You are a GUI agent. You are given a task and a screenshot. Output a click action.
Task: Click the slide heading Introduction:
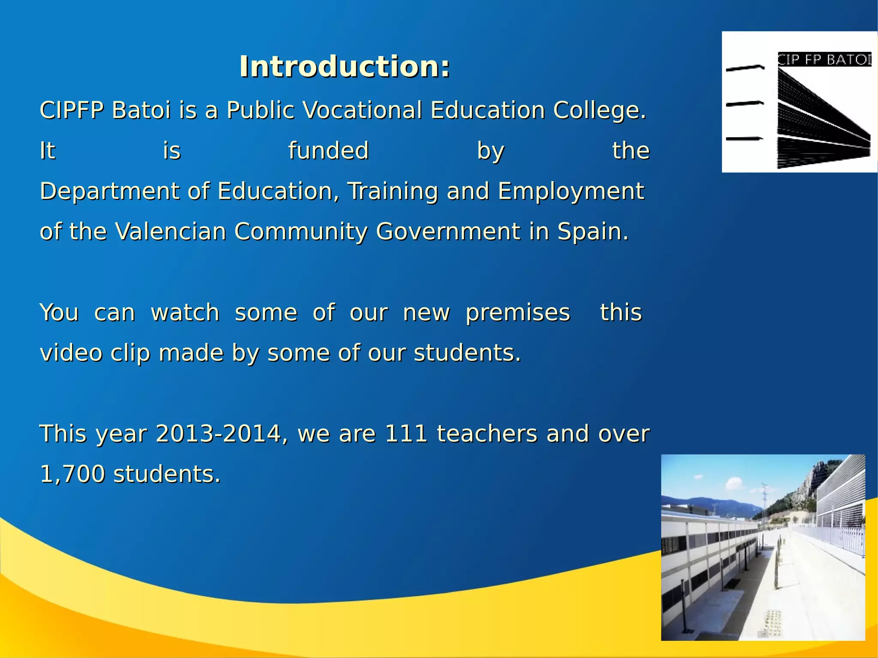[x=345, y=67]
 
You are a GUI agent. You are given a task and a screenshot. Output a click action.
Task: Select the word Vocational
[x=362, y=110]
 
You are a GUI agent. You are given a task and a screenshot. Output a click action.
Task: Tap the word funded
[x=328, y=151]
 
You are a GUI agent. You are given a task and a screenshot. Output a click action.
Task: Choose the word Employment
[x=571, y=192]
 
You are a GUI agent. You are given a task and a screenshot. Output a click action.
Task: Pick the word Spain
[x=592, y=232]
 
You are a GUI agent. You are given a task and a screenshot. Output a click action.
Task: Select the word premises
[x=518, y=313]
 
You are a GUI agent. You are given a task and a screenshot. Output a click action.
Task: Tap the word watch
[x=185, y=312]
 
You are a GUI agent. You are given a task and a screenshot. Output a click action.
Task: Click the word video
[x=71, y=353]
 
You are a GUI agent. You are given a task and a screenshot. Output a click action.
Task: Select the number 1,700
[x=72, y=475]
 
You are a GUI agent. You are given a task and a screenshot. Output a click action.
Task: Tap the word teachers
[x=487, y=434]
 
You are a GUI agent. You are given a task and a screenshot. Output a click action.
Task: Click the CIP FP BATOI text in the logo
[x=824, y=59]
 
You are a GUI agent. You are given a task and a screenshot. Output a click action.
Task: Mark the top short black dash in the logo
[x=745, y=68]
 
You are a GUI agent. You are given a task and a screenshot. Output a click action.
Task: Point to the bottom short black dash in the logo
[x=744, y=138]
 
